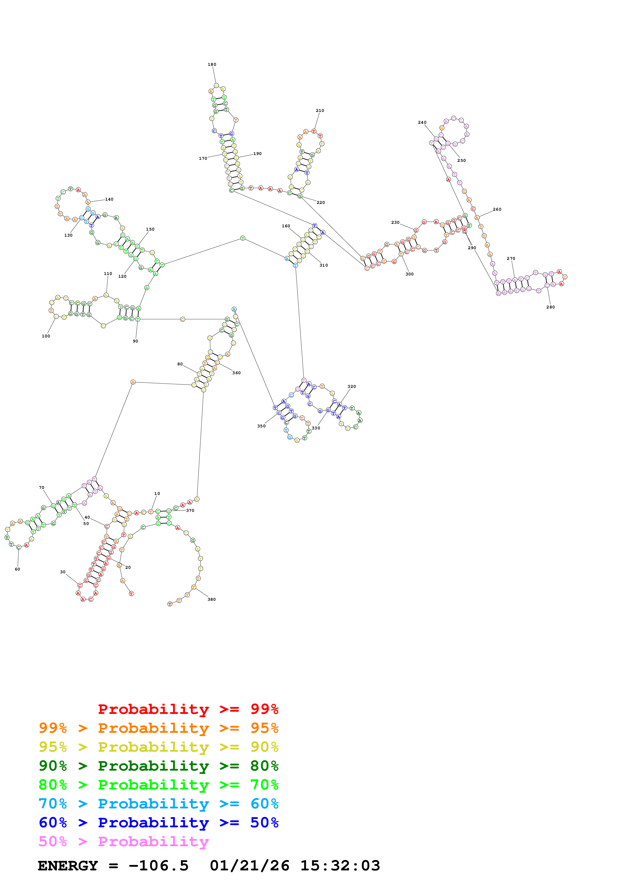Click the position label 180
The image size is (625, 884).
click(x=212, y=64)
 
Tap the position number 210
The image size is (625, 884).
click(x=320, y=110)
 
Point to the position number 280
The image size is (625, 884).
click(x=550, y=307)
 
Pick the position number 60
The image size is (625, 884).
click(x=17, y=569)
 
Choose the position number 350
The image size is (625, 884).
click(x=261, y=426)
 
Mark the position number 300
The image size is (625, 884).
click(x=409, y=274)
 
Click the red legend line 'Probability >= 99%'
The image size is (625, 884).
click(x=188, y=709)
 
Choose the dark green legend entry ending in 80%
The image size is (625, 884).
click(x=158, y=766)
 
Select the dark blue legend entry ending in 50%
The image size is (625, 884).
click(x=158, y=823)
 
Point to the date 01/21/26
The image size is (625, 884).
click(x=250, y=866)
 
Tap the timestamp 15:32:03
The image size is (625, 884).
click(x=340, y=866)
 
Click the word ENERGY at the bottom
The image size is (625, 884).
click(x=68, y=866)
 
